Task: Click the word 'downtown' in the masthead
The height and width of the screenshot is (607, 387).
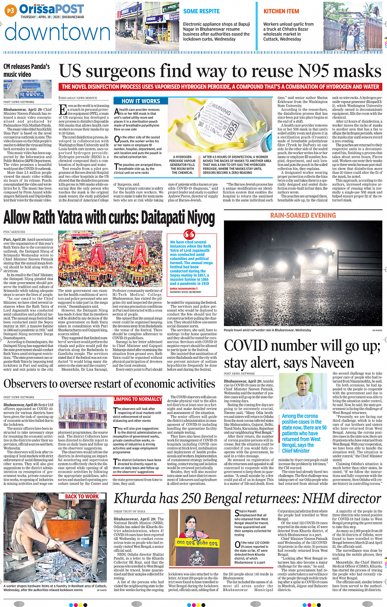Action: [x=57, y=33]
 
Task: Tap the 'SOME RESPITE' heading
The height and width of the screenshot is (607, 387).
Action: [x=201, y=11]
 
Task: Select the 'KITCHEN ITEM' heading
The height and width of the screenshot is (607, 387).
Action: [x=281, y=11]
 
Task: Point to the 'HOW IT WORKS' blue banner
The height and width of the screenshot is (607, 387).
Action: [x=140, y=101]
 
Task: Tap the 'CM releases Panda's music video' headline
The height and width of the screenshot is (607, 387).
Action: [x=27, y=70]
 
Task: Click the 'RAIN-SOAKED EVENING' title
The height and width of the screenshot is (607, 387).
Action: [x=303, y=215]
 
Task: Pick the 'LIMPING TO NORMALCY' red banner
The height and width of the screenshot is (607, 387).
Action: [x=138, y=399]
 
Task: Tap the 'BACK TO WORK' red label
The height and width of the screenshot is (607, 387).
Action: [x=82, y=496]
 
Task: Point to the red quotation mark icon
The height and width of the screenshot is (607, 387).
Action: [x=189, y=235]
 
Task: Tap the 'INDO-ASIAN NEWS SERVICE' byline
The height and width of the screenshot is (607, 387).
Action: [x=78, y=98]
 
